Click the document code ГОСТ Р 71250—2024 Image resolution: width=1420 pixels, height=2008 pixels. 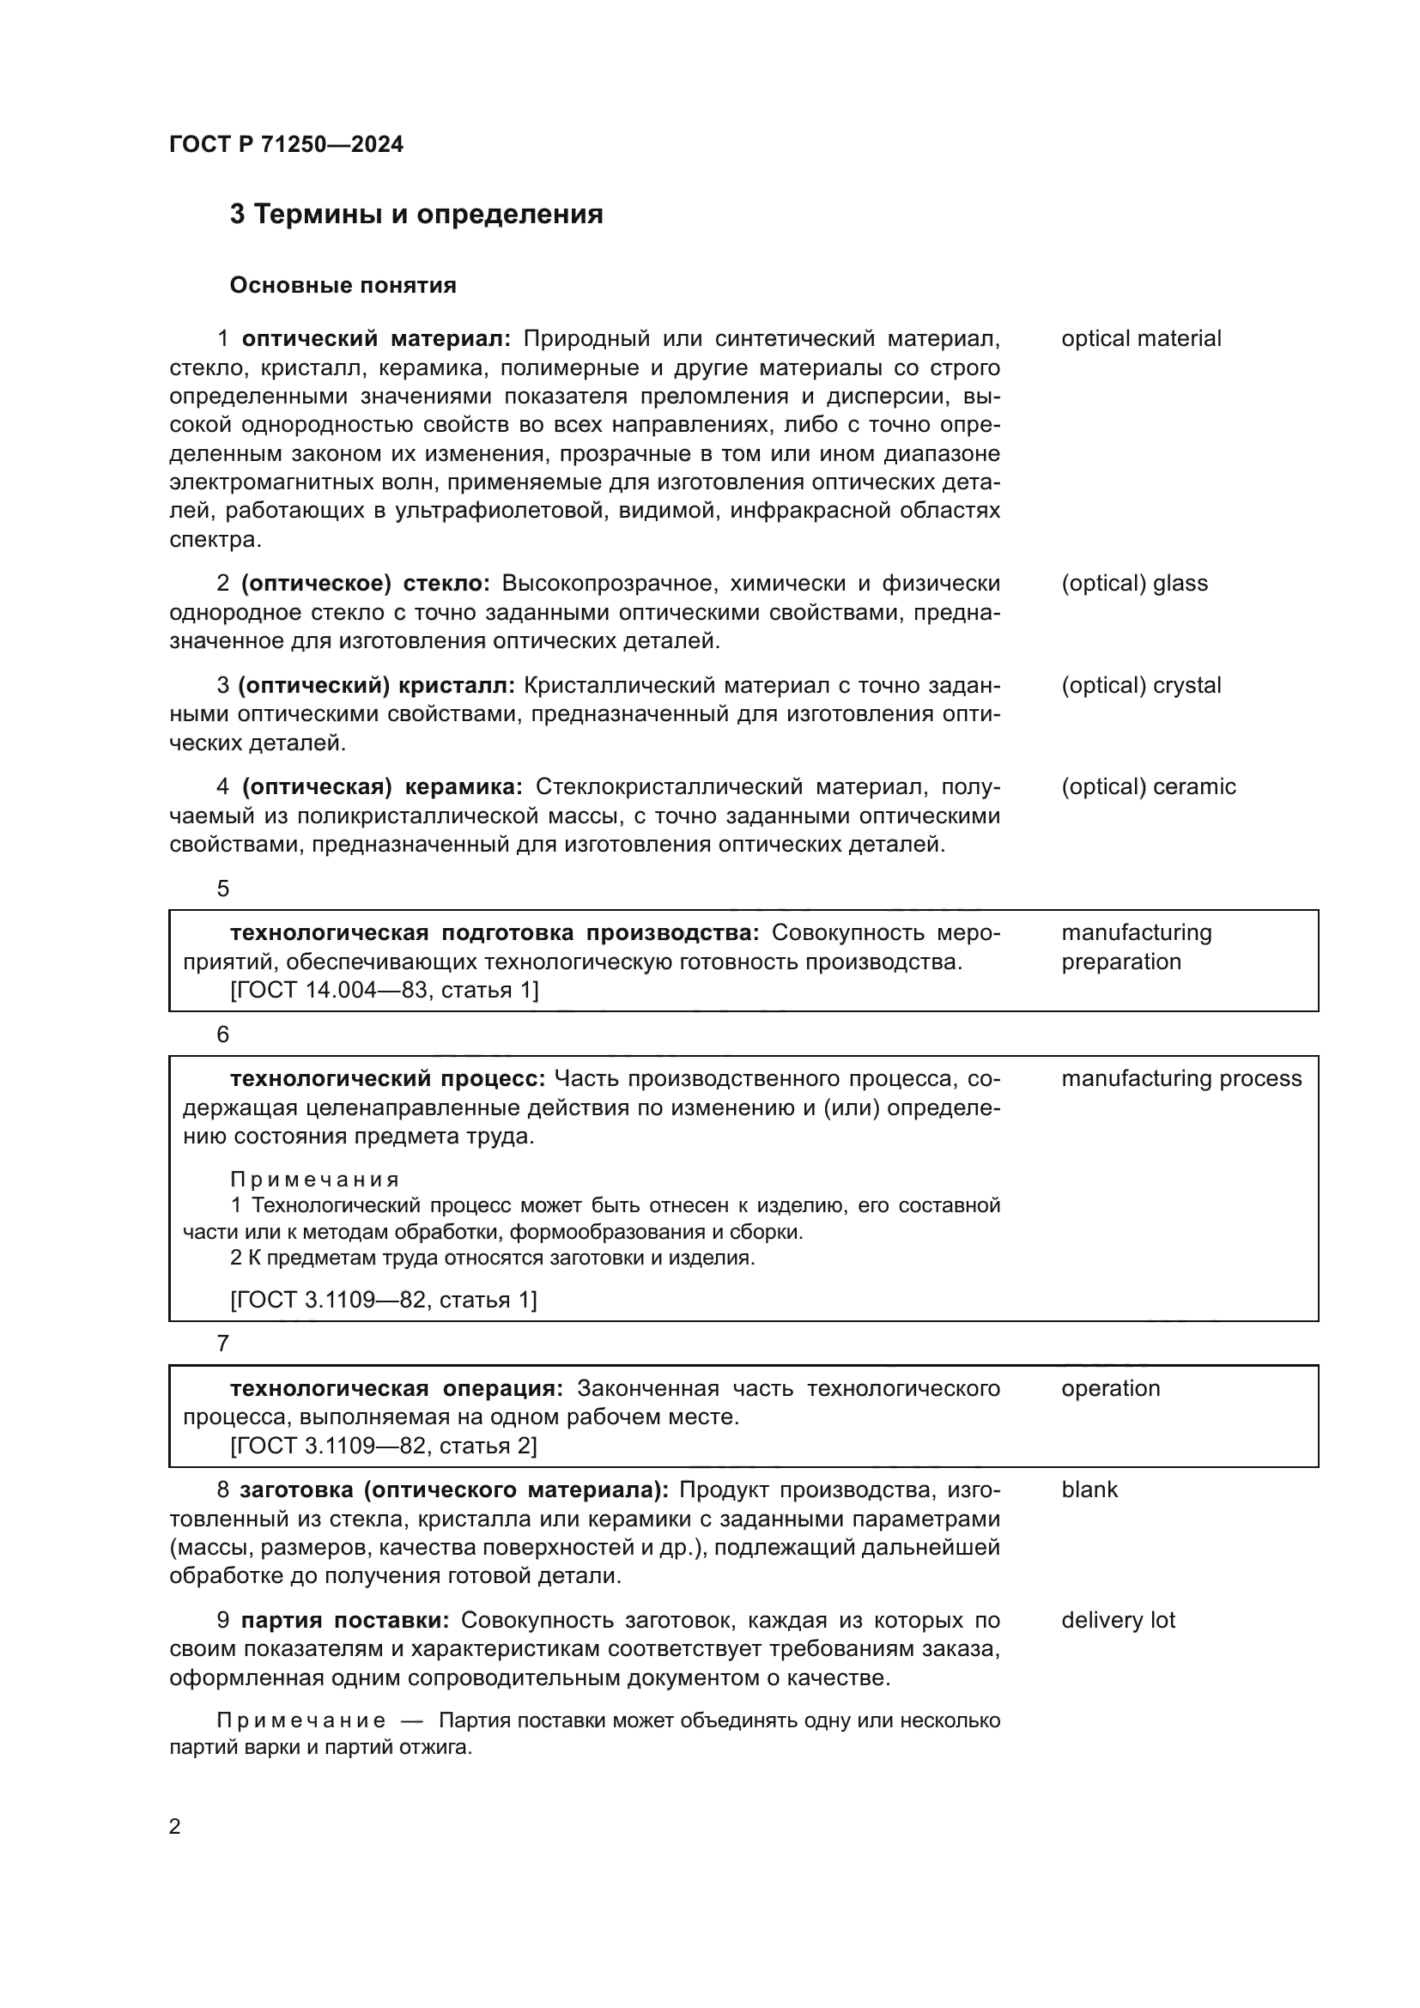[x=286, y=144]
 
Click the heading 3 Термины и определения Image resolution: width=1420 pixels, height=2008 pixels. [x=416, y=215]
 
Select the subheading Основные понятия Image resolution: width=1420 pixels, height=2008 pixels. [x=343, y=285]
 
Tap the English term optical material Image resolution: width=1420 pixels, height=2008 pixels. [x=1140, y=338]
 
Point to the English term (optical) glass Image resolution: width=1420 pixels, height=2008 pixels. [x=1134, y=583]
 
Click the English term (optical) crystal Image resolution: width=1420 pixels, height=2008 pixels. [x=1140, y=685]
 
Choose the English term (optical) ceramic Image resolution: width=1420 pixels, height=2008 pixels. [x=1148, y=786]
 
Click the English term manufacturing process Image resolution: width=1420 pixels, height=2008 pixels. [x=1181, y=1078]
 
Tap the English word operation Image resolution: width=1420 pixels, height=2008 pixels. [x=1110, y=1388]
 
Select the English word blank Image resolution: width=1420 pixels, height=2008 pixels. [x=1089, y=1489]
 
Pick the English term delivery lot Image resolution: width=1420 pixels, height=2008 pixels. [x=1118, y=1620]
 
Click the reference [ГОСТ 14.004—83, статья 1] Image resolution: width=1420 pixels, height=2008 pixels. [x=384, y=990]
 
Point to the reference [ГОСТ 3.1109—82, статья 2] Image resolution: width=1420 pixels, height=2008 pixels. [x=383, y=1445]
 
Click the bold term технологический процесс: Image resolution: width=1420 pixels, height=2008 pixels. [x=387, y=1078]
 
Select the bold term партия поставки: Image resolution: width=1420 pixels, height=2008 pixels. [x=344, y=1620]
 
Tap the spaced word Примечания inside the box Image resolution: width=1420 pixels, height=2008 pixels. [x=315, y=1180]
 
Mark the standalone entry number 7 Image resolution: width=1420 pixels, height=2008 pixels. [x=223, y=1344]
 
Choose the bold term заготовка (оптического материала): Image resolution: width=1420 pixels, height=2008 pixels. [x=454, y=1489]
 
